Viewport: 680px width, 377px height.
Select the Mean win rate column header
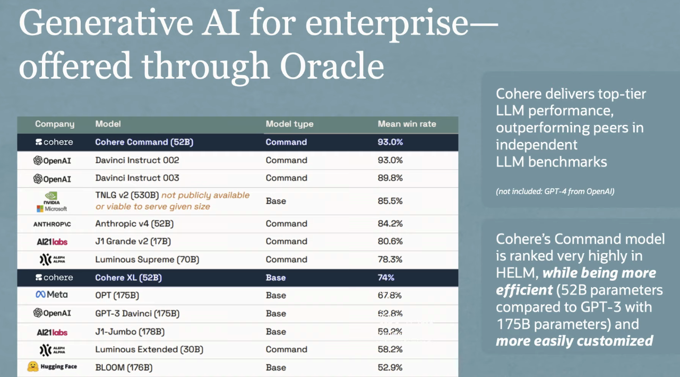click(x=407, y=124)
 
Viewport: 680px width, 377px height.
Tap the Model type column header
click(x=289, y=124)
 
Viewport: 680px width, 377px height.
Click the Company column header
click(x=55, y=124)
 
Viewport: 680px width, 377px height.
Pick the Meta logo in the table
click(x=51, y=295)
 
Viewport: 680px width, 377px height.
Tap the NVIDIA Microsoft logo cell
click(x=51, y=201)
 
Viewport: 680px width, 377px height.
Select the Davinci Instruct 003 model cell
click(x=137, y=178)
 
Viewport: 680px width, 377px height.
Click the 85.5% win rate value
click(x=390, y=201)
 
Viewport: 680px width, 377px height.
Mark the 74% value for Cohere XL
click(x=386, y=278)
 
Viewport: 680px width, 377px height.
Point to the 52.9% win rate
click(x=390, y=367)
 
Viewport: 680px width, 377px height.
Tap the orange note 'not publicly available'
click(x=205, y=195)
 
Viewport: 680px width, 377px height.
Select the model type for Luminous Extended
click(x=286, y=349)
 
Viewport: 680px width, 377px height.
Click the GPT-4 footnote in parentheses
click(x=555, y=191)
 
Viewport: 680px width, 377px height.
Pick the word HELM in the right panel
click(x=517, y=273)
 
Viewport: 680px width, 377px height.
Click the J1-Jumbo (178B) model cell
click(x=130, y=332)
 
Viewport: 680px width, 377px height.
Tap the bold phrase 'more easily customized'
click(x=574, y=341)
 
